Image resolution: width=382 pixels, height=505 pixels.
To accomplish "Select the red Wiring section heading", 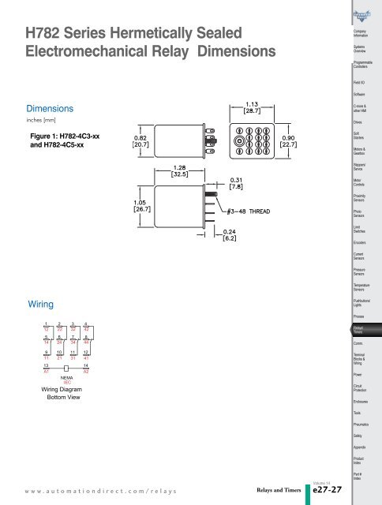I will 40,302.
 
